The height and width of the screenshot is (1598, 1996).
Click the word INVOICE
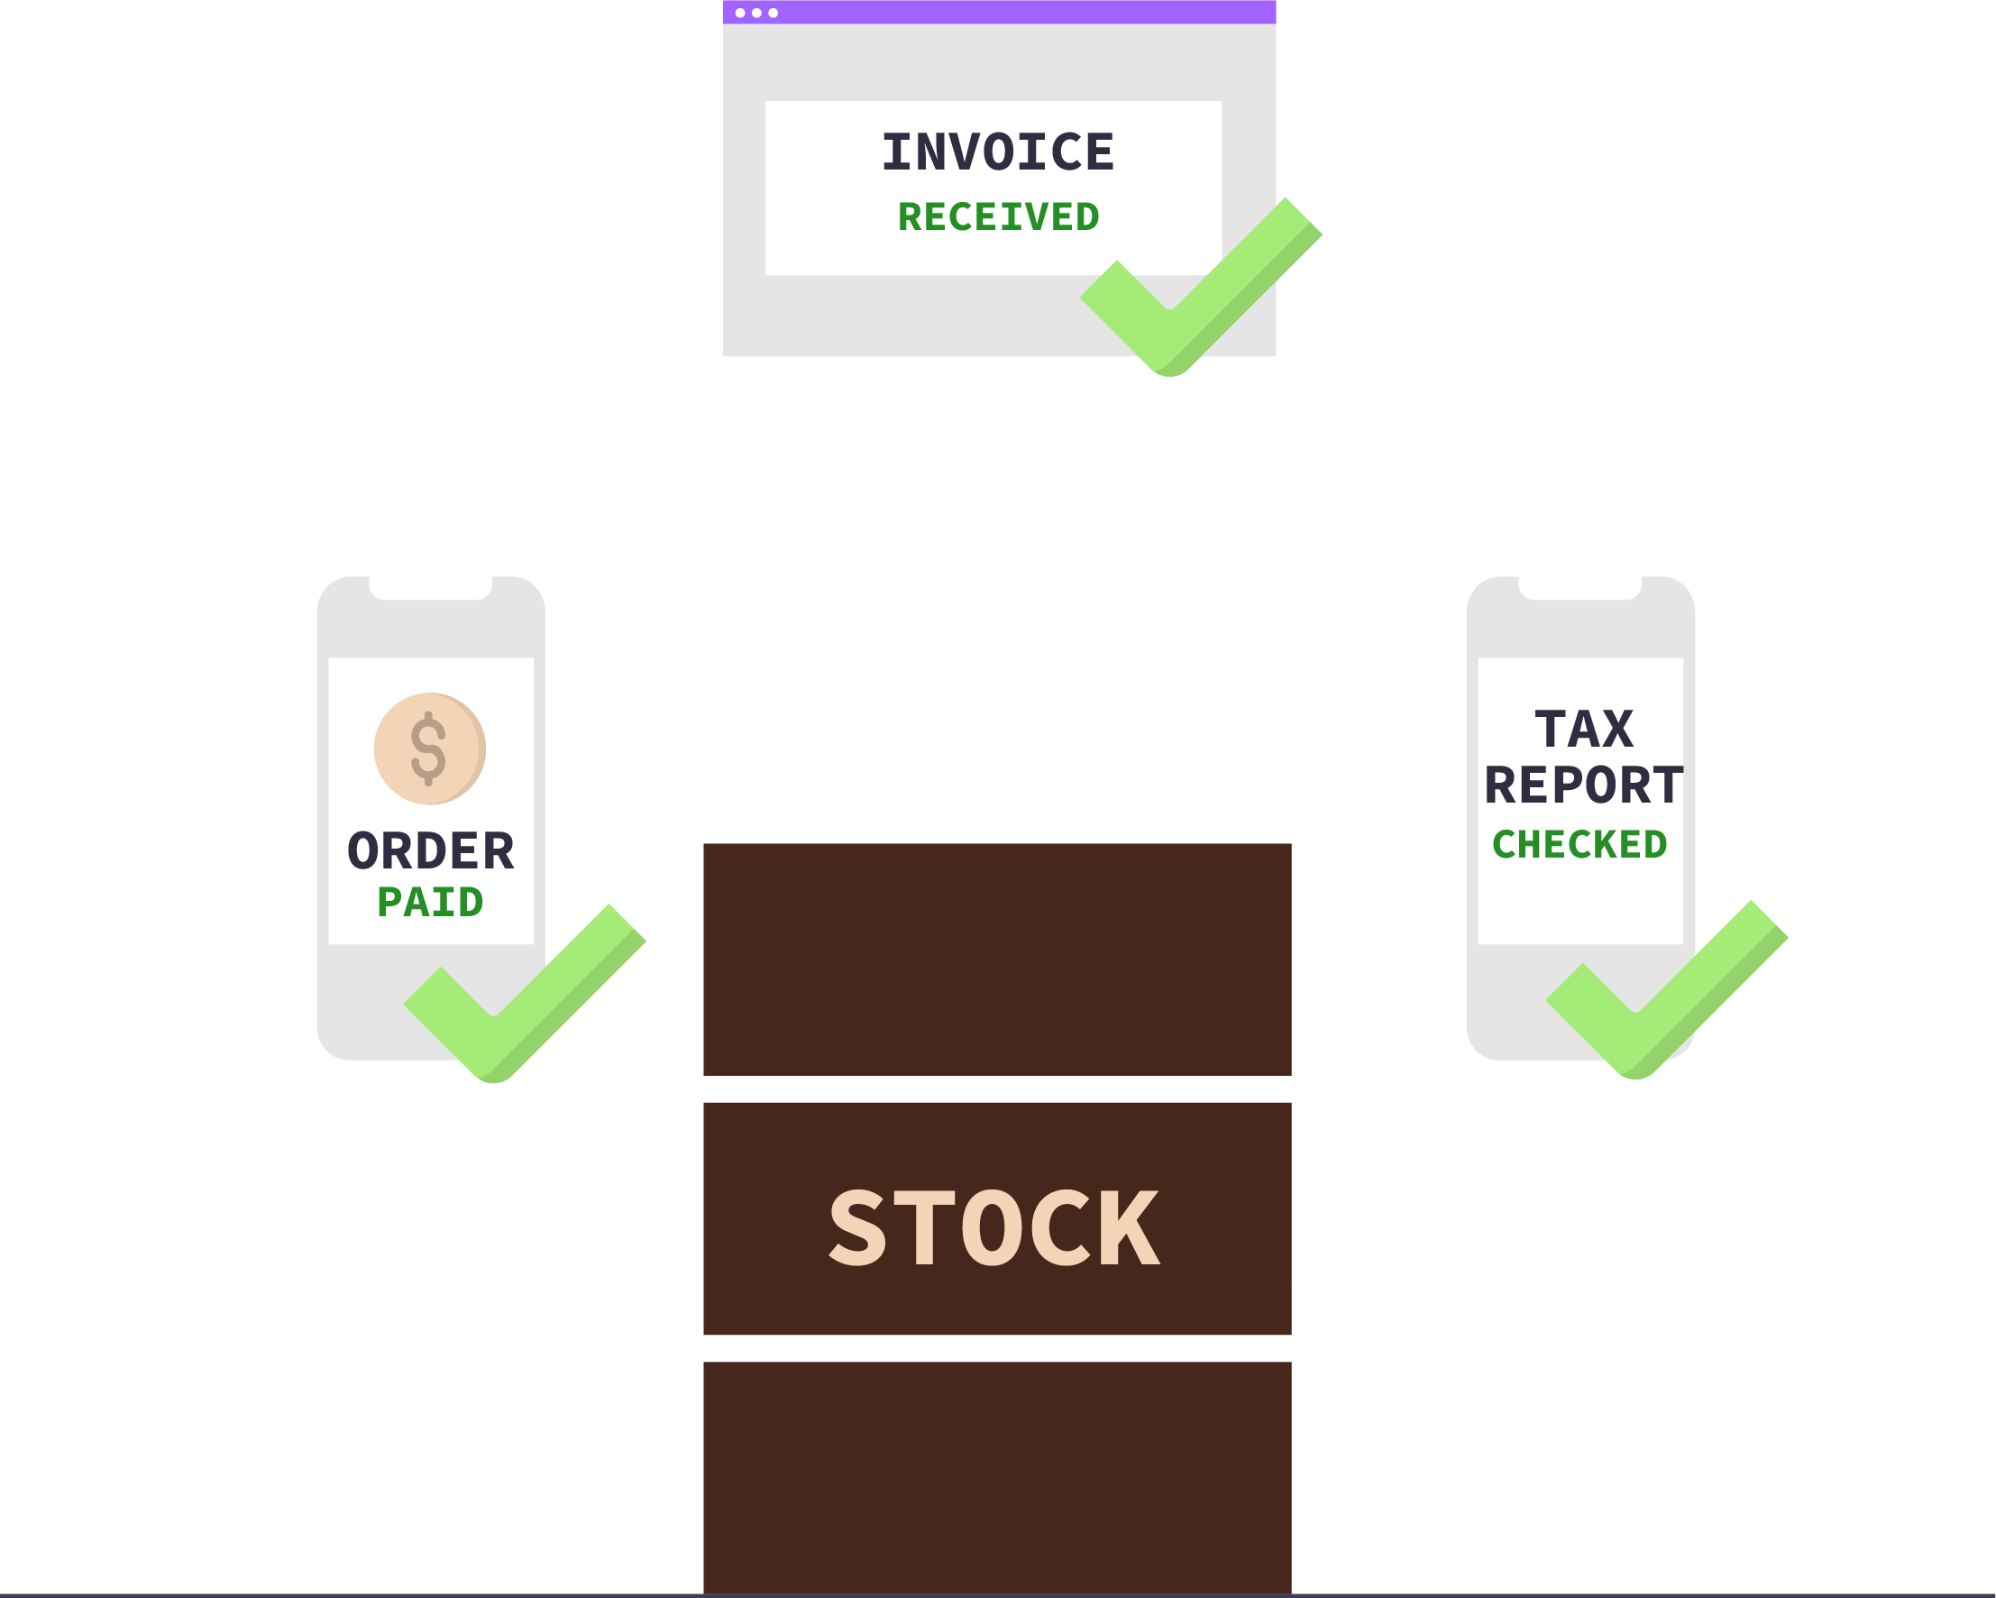(x=997, y=152)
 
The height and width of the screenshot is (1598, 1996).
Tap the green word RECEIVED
(x=998, y=217)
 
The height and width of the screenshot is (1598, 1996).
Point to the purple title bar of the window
(x=1019, y=12)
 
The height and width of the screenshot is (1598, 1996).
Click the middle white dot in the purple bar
(x=756, y=13)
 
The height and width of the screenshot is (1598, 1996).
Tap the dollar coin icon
(x=429, y=748)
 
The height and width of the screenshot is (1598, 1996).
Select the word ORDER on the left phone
(x=431, y=850)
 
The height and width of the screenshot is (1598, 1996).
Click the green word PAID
(x=431, y=903)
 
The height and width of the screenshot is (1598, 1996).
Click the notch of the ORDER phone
(x=431, y=589)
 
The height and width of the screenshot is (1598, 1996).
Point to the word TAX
(x=1583, y=730)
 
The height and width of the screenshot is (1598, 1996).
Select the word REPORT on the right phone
(x=1583, y=785)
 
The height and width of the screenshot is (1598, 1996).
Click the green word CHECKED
(x=1579, y=844)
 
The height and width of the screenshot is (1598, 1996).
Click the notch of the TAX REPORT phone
(x=1580, y=589)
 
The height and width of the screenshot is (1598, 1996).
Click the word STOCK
(x=993, y=1227)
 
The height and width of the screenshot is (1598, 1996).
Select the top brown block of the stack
(x=997, y=960)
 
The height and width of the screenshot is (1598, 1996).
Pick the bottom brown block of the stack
(x=997, y=1477)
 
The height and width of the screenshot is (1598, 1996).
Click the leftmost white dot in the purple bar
(x=739, y=13)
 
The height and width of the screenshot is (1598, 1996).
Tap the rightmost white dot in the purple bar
(x=773, y=13)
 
